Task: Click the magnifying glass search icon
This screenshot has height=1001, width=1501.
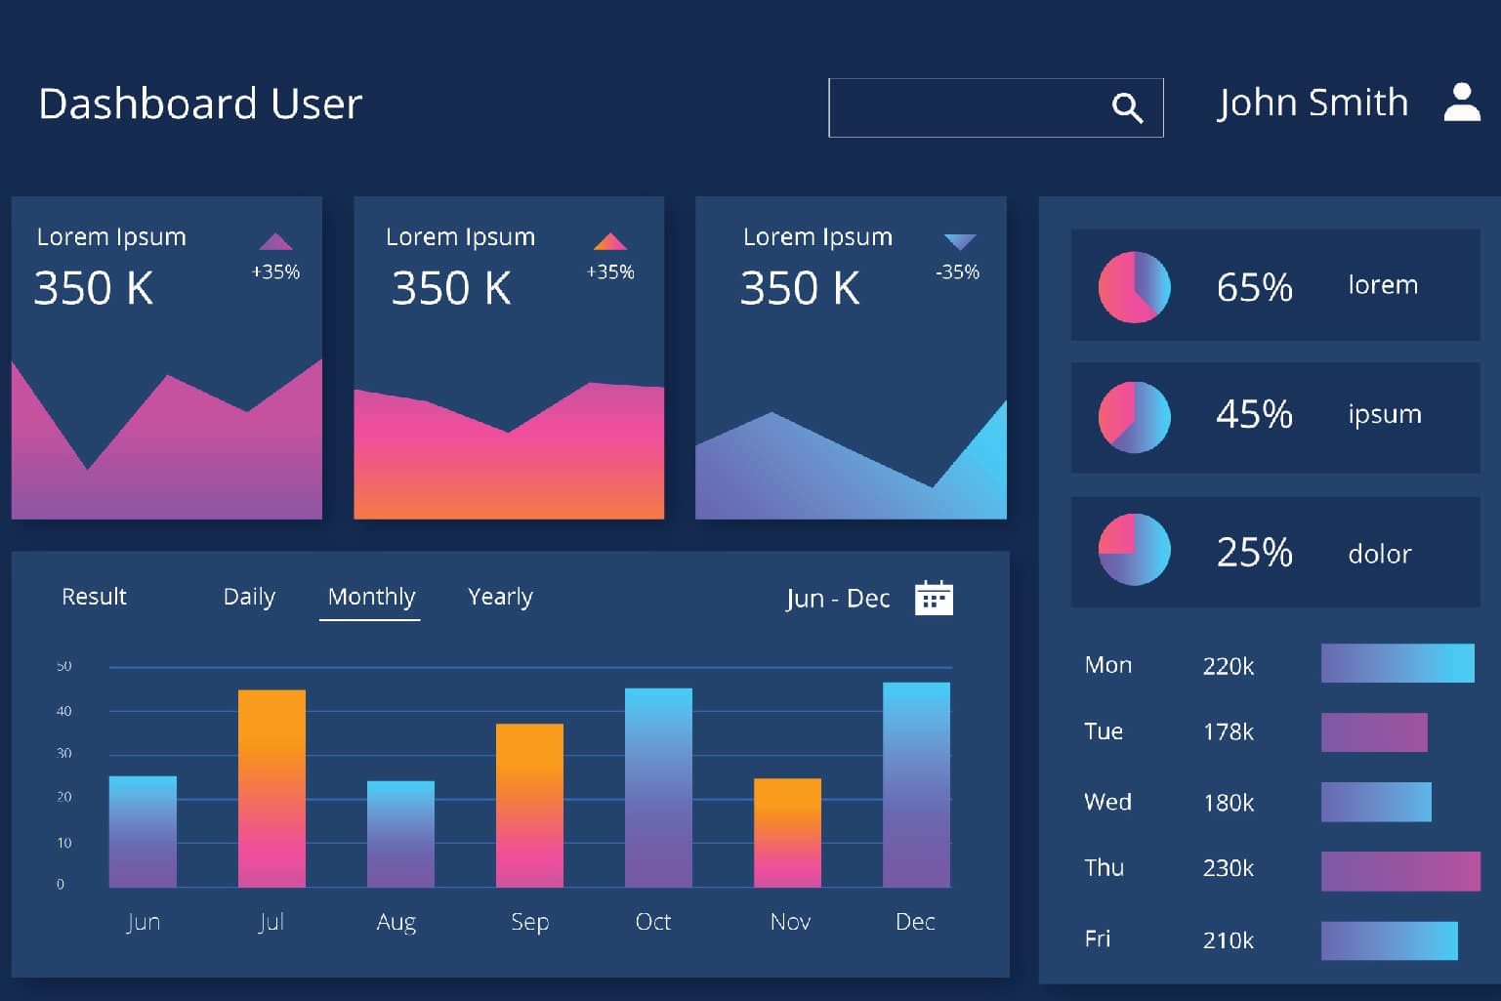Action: [x=1127, y=107]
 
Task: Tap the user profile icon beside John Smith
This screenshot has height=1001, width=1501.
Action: [x=1462, y=103]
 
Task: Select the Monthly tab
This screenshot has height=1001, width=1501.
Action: [x=371, y=597]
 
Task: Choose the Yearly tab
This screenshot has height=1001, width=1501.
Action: [x=500, y=597]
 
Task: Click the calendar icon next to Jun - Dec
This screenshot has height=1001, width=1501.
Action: [x=934, y=598]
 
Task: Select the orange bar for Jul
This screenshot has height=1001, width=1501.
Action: [x=271, y=788]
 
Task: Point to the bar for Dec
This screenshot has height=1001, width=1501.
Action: [x=916, y=784]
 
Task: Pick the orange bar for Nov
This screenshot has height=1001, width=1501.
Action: [x=787, y=832]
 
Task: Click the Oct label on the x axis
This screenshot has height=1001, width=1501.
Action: [x=652, y=922]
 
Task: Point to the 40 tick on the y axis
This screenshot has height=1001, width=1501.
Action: [x=63, y=711]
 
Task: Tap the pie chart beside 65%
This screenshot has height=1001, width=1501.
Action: [x=1134, y=287]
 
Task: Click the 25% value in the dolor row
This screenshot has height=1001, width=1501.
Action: [x=1254, y=553]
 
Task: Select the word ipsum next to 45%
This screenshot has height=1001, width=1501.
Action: [x=1384, y=414]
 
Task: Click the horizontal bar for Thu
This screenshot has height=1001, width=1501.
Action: [x=1399, y=871]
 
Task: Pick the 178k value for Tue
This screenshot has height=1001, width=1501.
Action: [x=1228, y=732]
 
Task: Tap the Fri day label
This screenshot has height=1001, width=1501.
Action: [x=1098, y=938]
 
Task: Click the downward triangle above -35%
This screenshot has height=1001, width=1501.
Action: [x=960, y=241]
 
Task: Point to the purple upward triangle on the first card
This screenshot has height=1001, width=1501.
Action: [x=275, y=241]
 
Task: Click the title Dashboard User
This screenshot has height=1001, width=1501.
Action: [x=200, y=104]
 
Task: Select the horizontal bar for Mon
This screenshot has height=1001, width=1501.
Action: [x=1397, y=663]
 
